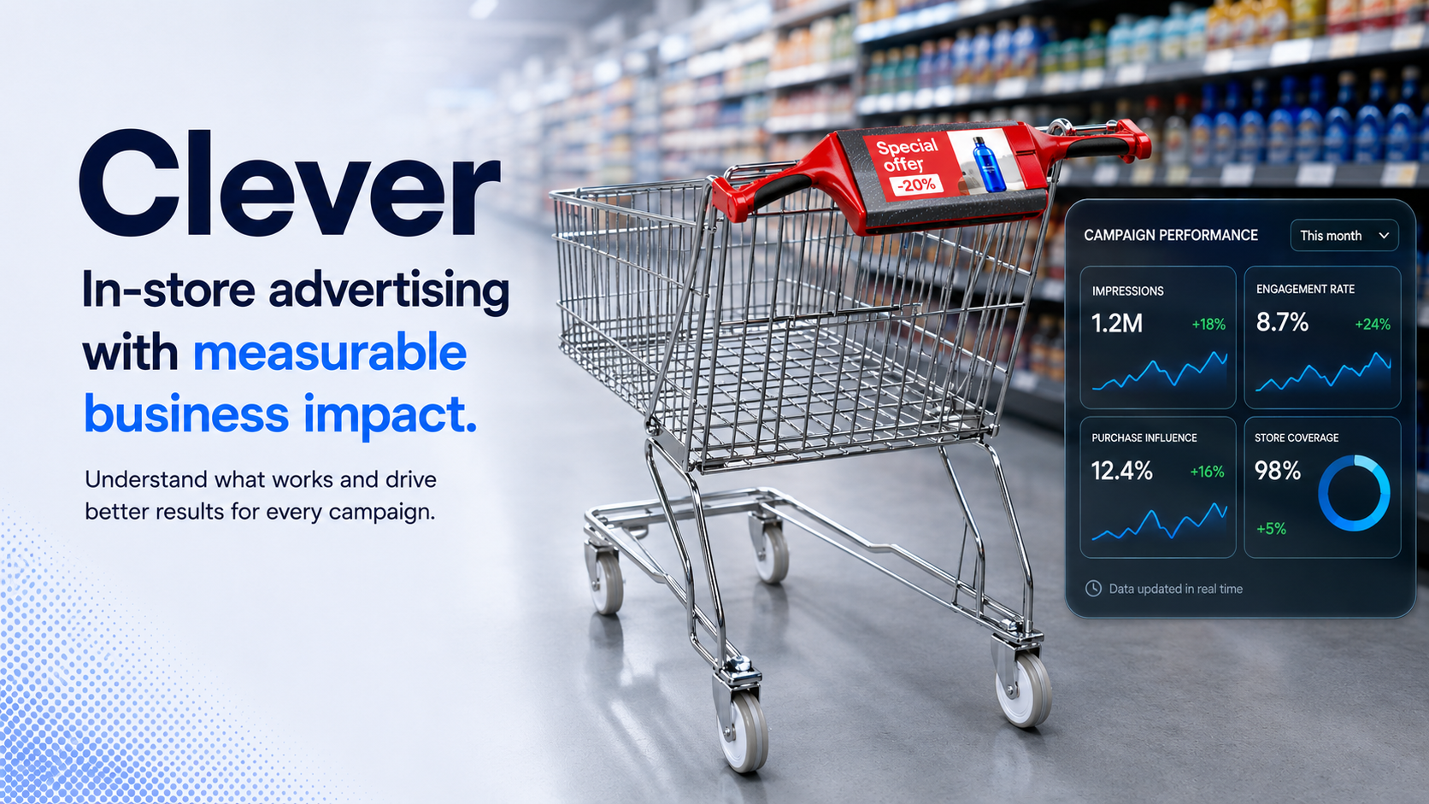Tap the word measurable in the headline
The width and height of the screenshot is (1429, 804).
(329, 353)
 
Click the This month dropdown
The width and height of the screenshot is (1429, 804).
(1344, 236)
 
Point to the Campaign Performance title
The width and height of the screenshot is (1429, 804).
(1171, 235)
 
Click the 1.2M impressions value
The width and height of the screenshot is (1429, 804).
(1116, 324)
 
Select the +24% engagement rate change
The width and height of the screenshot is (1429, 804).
(1373, 325)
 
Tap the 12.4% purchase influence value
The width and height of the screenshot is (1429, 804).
(1121, 471)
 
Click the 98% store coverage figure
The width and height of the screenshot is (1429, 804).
(1277, 471)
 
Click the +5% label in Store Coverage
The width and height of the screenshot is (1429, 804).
(1271, 529)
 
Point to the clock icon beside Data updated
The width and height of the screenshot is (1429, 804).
(1093, 589)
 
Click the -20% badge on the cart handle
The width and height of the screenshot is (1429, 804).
(915, 185)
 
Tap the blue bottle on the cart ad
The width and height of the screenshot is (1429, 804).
(988, 165)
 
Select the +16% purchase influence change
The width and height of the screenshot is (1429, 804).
(1207, 472)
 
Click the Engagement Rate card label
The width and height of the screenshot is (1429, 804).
(1305, 290)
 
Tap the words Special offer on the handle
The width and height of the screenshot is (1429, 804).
(905, 156)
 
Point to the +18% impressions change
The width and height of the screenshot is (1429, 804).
(1208, 325)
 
